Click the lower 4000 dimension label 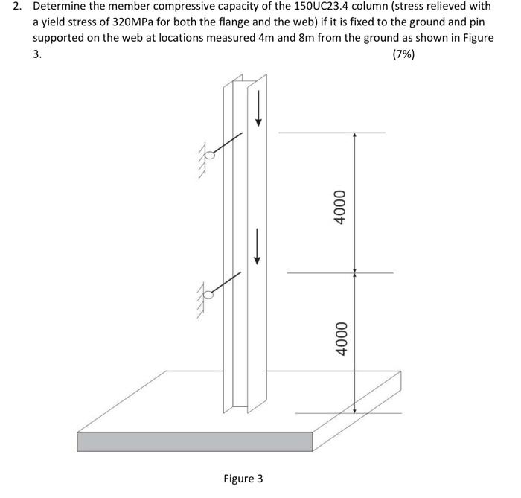341,338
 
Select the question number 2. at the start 19,7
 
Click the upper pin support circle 211,156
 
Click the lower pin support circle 210,295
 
